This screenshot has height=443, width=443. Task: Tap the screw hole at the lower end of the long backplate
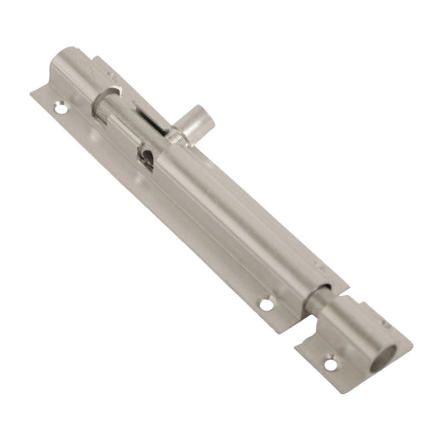coord(266,305)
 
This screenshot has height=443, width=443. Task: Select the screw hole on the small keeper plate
coord(332,363)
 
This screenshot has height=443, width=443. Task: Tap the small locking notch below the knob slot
coord(146,155)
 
